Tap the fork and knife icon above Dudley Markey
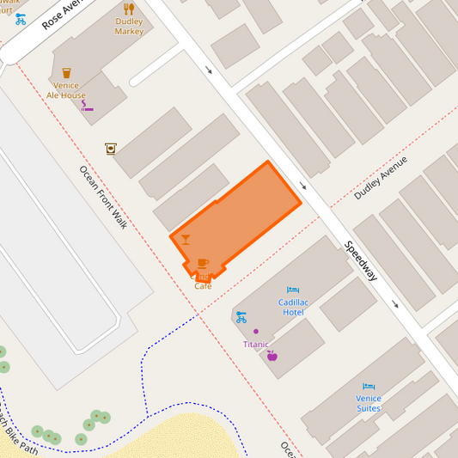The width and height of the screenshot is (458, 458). [129, 9]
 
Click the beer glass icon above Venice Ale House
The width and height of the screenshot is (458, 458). [66, 73]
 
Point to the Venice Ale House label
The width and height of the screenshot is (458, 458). [66, 90]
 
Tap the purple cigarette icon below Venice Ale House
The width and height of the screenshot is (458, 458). [87, 107]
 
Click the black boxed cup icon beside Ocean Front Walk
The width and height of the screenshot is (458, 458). [110, 148]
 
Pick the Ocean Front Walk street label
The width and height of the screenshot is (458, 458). [103, 197]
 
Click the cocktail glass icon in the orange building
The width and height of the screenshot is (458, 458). [186, 240]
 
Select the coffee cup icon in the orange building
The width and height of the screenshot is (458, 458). [203, 262]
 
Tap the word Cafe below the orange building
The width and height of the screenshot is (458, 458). [203, 286]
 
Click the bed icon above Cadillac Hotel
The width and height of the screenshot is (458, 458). [293, 290]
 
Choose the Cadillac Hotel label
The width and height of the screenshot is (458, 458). [293, 307]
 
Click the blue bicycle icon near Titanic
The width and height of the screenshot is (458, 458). [241, 316]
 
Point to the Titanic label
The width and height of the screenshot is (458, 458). [255, 344]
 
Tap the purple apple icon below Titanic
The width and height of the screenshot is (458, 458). [272, 355]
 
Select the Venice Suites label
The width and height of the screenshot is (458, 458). [369, 403]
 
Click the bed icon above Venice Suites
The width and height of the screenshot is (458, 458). [369, 387]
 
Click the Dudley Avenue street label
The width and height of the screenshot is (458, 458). [381, 178]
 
